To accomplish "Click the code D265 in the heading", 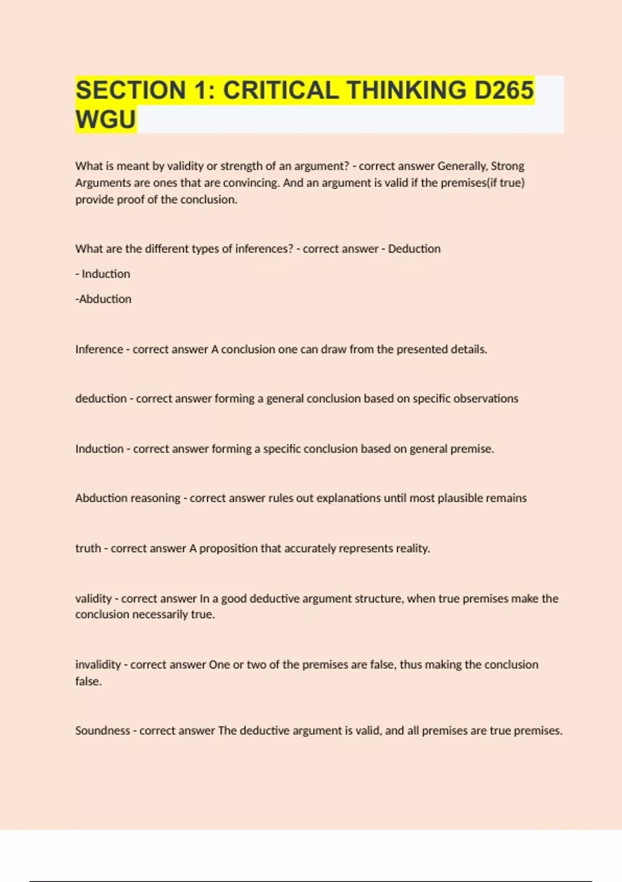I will point(504,90).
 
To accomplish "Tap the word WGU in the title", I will point(106,119).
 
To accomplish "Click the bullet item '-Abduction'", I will point(104,299).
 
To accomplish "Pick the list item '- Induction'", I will point(103,274).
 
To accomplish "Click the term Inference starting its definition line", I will point(98,350).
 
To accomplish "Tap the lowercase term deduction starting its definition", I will point(101,398).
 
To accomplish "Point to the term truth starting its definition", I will point(88,548).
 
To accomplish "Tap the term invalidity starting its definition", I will point(98,665).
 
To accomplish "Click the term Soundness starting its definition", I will point(102,731).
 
